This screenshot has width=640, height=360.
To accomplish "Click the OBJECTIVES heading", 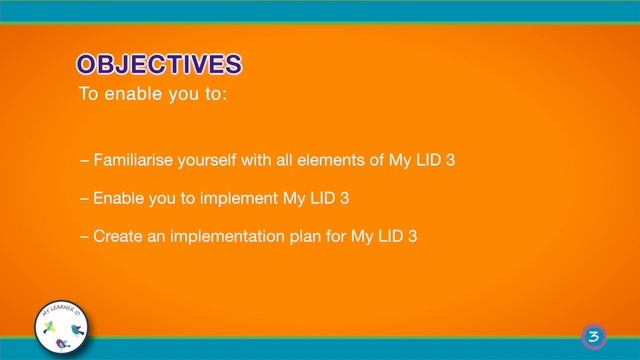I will point(160,65).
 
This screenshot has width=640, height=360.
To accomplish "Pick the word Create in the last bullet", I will point(116,237).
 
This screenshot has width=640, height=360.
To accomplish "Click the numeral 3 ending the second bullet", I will point(344,199).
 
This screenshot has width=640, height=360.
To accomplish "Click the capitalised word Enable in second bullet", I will point(117,199).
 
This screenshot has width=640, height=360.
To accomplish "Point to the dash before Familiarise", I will point(83,161).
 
